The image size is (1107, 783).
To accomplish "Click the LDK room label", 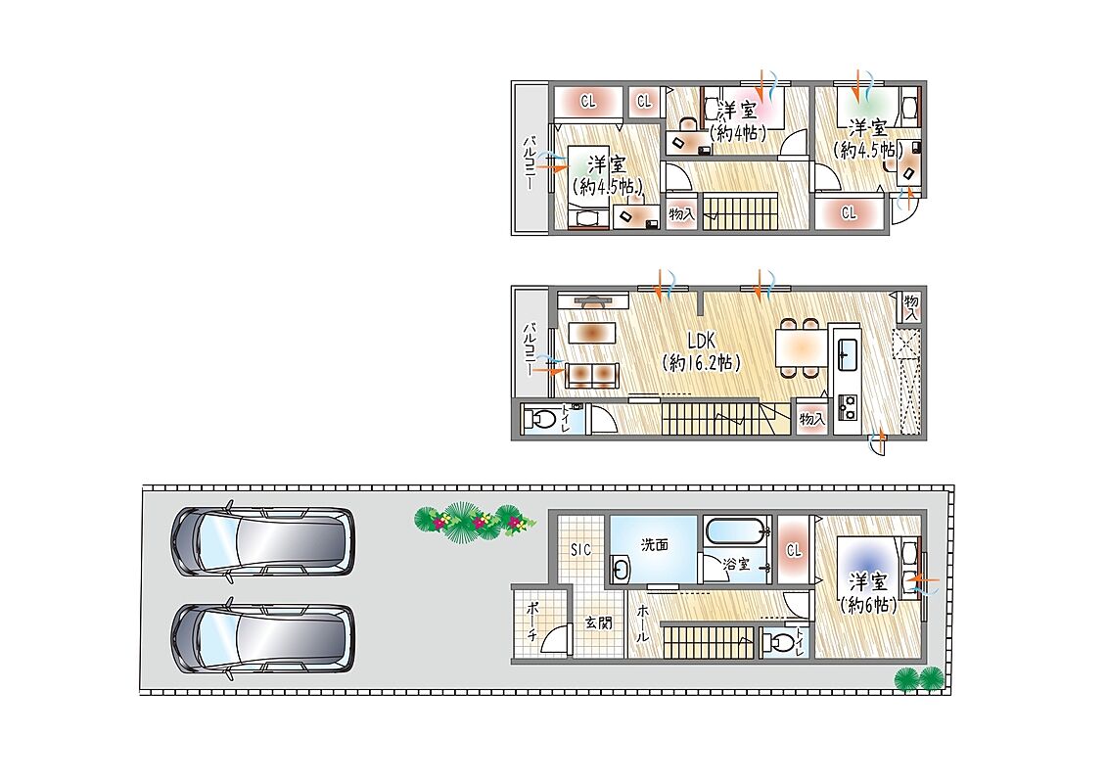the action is (701, 341).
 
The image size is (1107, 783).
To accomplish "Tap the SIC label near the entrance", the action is (581, 549).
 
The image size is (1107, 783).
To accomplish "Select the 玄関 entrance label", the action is (599, 622).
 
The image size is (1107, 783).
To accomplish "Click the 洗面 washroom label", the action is (655, 544).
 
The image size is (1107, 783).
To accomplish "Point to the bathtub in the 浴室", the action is (736, 530).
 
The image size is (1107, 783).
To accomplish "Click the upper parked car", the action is (262, 541).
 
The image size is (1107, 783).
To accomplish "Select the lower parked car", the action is (262, 638).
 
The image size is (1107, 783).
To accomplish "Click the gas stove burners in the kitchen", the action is (847, 407).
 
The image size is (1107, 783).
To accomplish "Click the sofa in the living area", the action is (591, 375).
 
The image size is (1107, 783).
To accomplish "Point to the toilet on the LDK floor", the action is (541, 419).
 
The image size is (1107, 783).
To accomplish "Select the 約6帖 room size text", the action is (869, 605).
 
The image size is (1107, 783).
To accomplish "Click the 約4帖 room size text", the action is (738, 132).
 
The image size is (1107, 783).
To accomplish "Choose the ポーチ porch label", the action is (533, 621).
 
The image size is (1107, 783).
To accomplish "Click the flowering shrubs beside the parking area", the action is (475, 523).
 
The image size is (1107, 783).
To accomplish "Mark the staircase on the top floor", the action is (740, 211).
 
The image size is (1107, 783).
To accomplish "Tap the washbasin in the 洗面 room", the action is (621, 569).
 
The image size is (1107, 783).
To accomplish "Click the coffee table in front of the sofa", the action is (591, 333).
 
